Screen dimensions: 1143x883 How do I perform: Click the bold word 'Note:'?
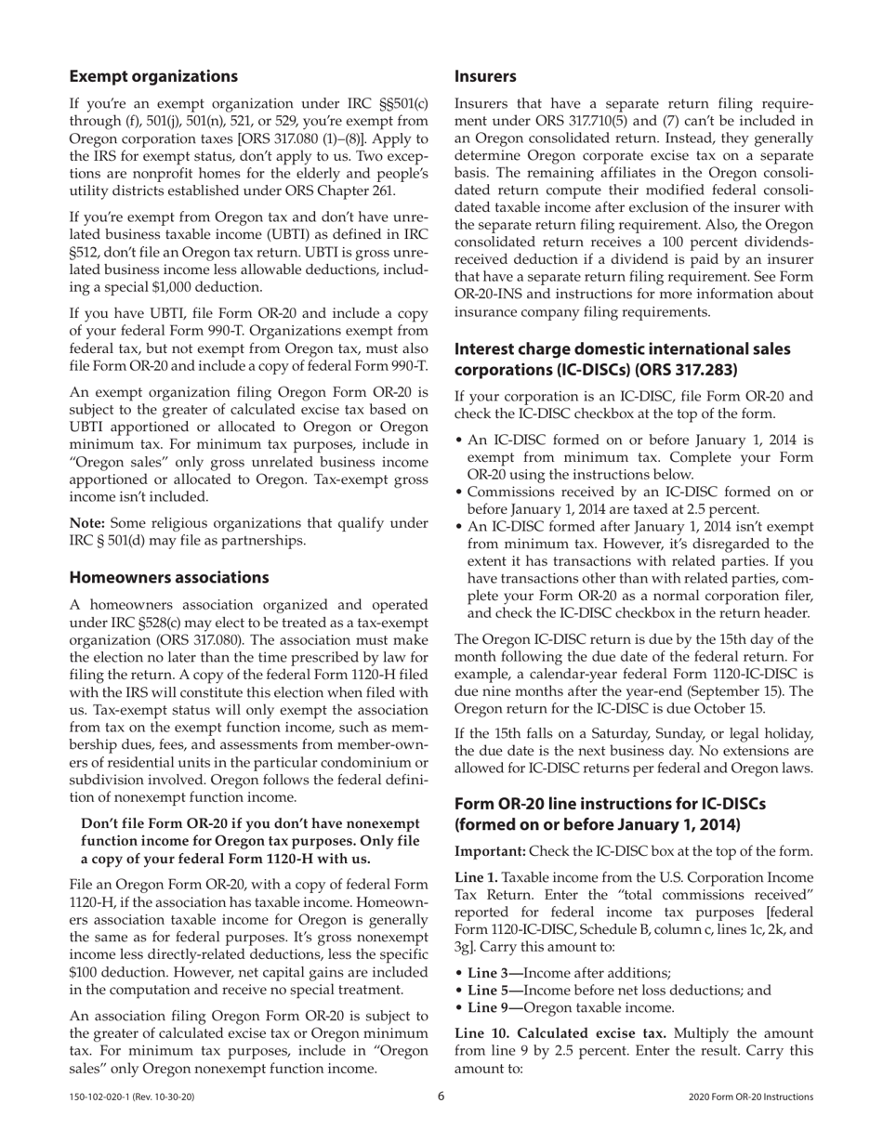click(x=88, y=523)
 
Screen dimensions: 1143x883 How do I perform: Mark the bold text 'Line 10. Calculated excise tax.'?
click(x=560, y=1033)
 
